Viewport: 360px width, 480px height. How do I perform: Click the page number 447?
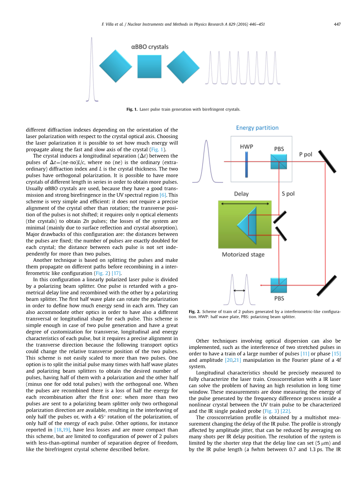tap(337, 24)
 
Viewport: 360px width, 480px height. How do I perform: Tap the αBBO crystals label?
tap(150, 47)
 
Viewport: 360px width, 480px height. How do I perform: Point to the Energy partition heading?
tap(257, 128)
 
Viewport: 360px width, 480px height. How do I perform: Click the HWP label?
tap(246, 147)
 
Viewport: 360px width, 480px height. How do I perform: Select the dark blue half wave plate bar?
tap(246, 164)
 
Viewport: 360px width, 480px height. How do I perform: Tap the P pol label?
tap(306, 154)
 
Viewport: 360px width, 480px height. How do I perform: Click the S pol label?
tap(288, 193)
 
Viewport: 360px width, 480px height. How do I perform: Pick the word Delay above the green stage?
tap(241, 194)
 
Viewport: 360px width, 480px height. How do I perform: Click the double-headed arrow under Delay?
tap(245, 203)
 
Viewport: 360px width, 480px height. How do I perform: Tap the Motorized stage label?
tap(243, 255)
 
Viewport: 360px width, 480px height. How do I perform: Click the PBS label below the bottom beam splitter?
tap(279, 298)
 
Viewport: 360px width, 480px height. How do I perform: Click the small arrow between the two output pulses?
tap(239, 290)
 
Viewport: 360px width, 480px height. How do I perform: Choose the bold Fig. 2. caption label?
tap(194, 312)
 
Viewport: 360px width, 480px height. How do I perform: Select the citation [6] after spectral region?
tap(163, 195)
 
